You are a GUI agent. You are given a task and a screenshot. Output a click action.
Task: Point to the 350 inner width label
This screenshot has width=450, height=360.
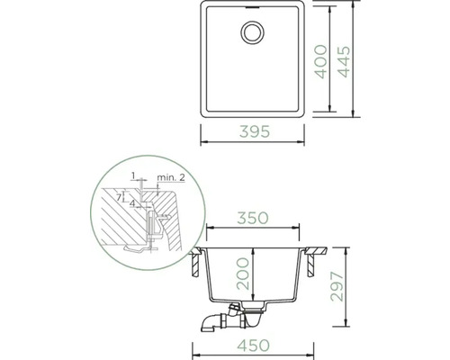pos(255,218)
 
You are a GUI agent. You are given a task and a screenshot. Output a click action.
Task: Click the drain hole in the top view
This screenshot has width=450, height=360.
pos(250,34)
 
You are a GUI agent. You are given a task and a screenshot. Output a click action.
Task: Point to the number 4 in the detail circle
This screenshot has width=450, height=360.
pos(132,203)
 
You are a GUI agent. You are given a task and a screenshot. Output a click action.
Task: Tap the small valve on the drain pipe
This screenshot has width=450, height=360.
pos(229,309)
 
